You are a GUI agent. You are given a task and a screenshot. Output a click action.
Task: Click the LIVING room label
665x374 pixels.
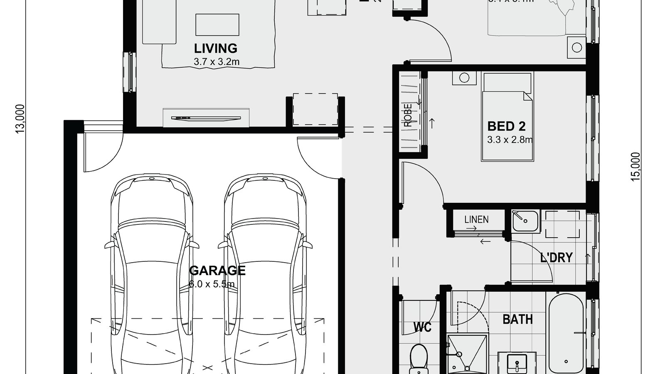[x=216, y=48]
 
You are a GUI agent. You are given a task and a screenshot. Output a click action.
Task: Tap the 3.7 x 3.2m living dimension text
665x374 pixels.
[x=216, y=62]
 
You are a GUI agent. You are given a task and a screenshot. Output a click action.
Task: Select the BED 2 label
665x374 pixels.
[x=506, y=126]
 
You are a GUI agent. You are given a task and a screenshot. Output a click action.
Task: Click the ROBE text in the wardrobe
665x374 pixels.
[x=408, y=115]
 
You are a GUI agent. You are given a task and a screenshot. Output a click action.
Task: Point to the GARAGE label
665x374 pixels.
[x=217, y=271]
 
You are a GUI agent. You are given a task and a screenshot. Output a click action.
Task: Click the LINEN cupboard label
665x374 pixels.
[x=476, y=219]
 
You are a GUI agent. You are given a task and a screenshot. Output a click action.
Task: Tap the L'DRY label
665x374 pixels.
[x=556, y=258]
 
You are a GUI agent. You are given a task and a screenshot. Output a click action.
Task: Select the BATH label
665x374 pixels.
[x=517, y=319]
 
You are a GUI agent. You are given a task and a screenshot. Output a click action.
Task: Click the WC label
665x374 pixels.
[x=422, y=327]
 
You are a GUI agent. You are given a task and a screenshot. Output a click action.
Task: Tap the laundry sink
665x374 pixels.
[x=525, y=221]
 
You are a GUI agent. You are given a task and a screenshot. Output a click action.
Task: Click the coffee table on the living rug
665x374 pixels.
[x=217, y=25]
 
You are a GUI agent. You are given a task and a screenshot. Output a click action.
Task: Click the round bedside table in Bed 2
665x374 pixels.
[x=464, y=78]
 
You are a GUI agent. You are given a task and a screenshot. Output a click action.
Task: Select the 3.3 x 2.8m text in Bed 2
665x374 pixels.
[x=510, y=140]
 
